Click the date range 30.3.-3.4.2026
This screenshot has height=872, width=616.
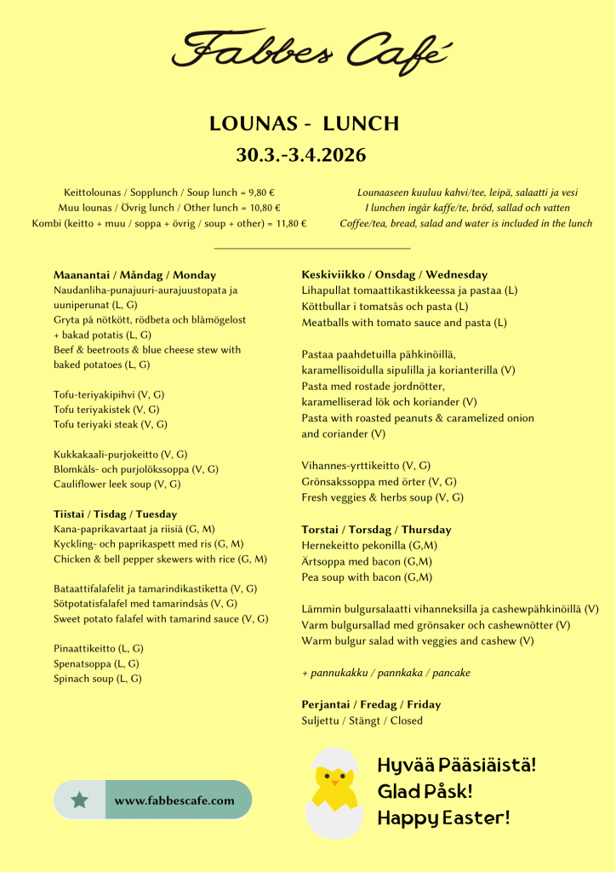(301, 155)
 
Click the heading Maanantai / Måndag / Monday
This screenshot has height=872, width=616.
(134, 275)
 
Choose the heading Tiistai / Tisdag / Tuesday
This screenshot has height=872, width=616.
(115, 514)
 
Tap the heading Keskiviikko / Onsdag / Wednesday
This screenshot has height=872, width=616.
(395, 274)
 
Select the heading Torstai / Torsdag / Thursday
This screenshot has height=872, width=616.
(376, 530)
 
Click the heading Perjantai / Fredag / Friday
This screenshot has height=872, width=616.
(371, 704)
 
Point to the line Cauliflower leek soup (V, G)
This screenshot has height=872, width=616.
(117, 484)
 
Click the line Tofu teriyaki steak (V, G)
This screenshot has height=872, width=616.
(110, 424)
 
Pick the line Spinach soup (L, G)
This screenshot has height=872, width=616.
(97, 679)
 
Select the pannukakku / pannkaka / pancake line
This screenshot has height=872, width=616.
(386, 673)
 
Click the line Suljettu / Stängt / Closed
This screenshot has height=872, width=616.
(362, 720)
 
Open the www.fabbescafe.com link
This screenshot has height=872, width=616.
(174, 800)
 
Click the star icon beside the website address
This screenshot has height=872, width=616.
(80, 800)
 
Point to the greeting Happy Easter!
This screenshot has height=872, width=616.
(443, 817)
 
